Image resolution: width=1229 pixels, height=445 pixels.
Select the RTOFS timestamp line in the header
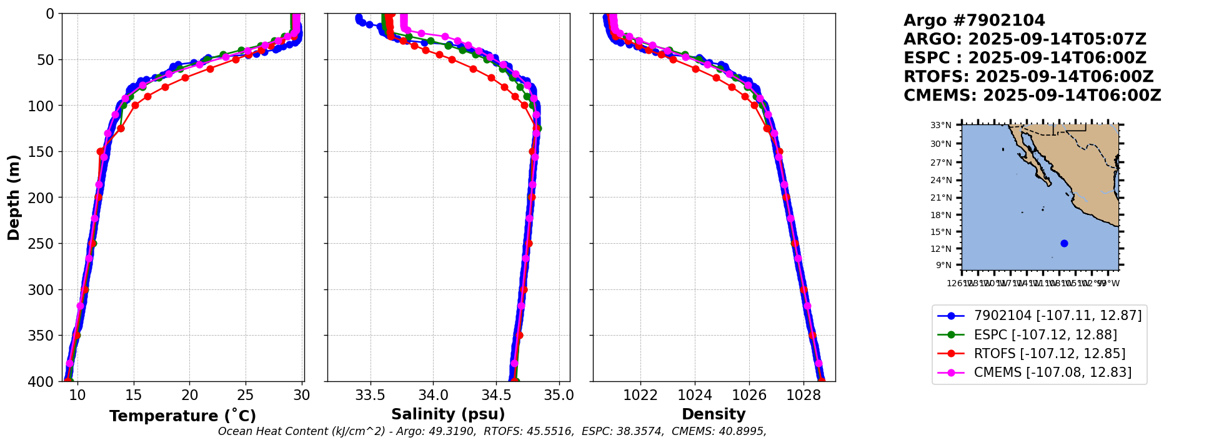click(x=1028, y=77)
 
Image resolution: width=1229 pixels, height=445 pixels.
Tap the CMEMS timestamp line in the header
click(x=1032, y=96)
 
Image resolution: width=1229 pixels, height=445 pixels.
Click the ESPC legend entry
click(x=1045, y=335)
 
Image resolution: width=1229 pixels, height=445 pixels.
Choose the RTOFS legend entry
click(x=1049, y=354)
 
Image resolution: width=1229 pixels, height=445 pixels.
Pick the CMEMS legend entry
click(x=1052, y=372)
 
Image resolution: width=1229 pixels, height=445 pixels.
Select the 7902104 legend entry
click(x=1057, y=316)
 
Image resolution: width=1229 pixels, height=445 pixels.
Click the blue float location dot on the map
click(x=1064, y=243)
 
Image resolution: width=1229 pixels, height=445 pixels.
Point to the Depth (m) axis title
click(x=14, y=197)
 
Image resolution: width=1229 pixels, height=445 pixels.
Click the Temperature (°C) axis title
click(x=182, y=416)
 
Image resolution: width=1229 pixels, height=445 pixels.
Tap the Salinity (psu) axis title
click(x=448, y=414)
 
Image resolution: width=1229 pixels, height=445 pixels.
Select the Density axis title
click(x=714, y=414)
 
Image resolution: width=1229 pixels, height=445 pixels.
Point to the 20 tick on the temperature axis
click(x=190, y=396)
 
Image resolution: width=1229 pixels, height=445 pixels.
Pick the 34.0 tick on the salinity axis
click(x=433, y=396)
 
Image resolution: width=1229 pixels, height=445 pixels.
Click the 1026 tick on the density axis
click(x=749, y=396)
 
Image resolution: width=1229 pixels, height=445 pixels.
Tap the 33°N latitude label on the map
click(x=941, y=126)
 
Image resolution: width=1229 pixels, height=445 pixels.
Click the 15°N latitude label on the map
click(x=941, y=232)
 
